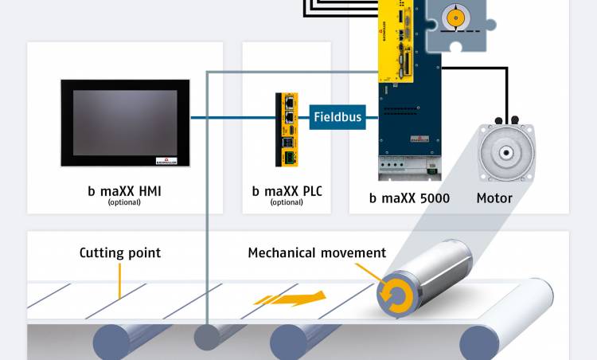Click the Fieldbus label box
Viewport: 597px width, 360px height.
(x=337, y=117)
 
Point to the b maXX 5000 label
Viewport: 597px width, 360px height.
(x=409, y=197)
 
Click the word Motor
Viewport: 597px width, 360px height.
(x=495, y=197)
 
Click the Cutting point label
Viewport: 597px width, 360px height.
(x=119, y=253)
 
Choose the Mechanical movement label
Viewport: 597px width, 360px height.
(x=317, y=253)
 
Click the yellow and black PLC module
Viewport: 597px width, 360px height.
(x=288, y=129)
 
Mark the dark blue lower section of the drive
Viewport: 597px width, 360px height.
(x=411, y=119)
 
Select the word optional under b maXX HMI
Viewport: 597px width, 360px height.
(x=124, y=202)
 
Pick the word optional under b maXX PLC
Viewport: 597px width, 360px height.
(x=287, y=202)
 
